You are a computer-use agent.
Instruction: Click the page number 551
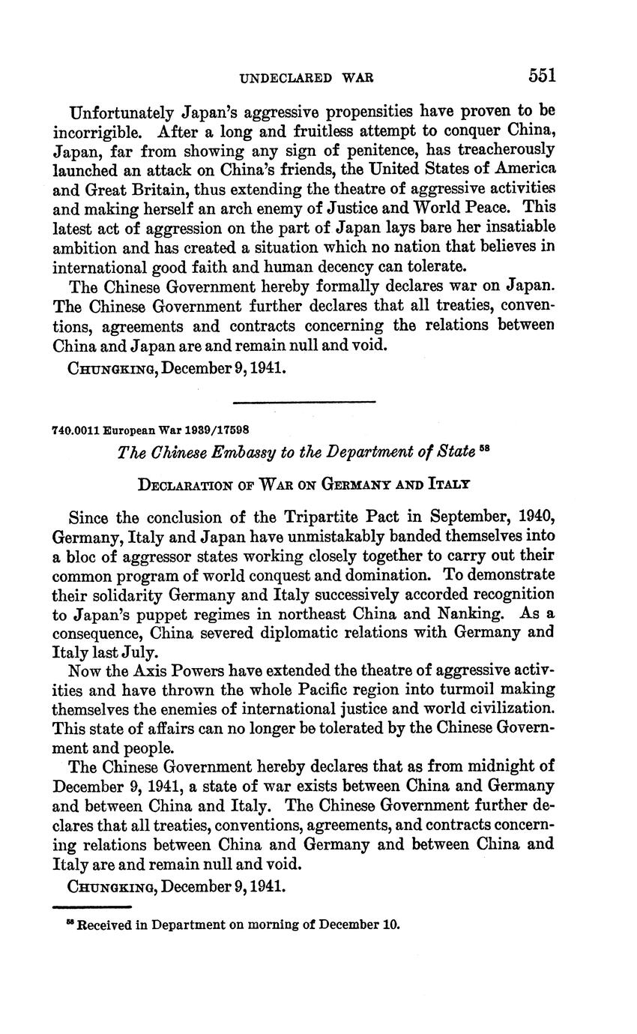(x=541, y=76)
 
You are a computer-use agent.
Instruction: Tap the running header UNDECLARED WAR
(x=306, y=77)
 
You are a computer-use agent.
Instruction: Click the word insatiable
(x=518, y=226)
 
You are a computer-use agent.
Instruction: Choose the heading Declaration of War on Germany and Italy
(x=304, y=484)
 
